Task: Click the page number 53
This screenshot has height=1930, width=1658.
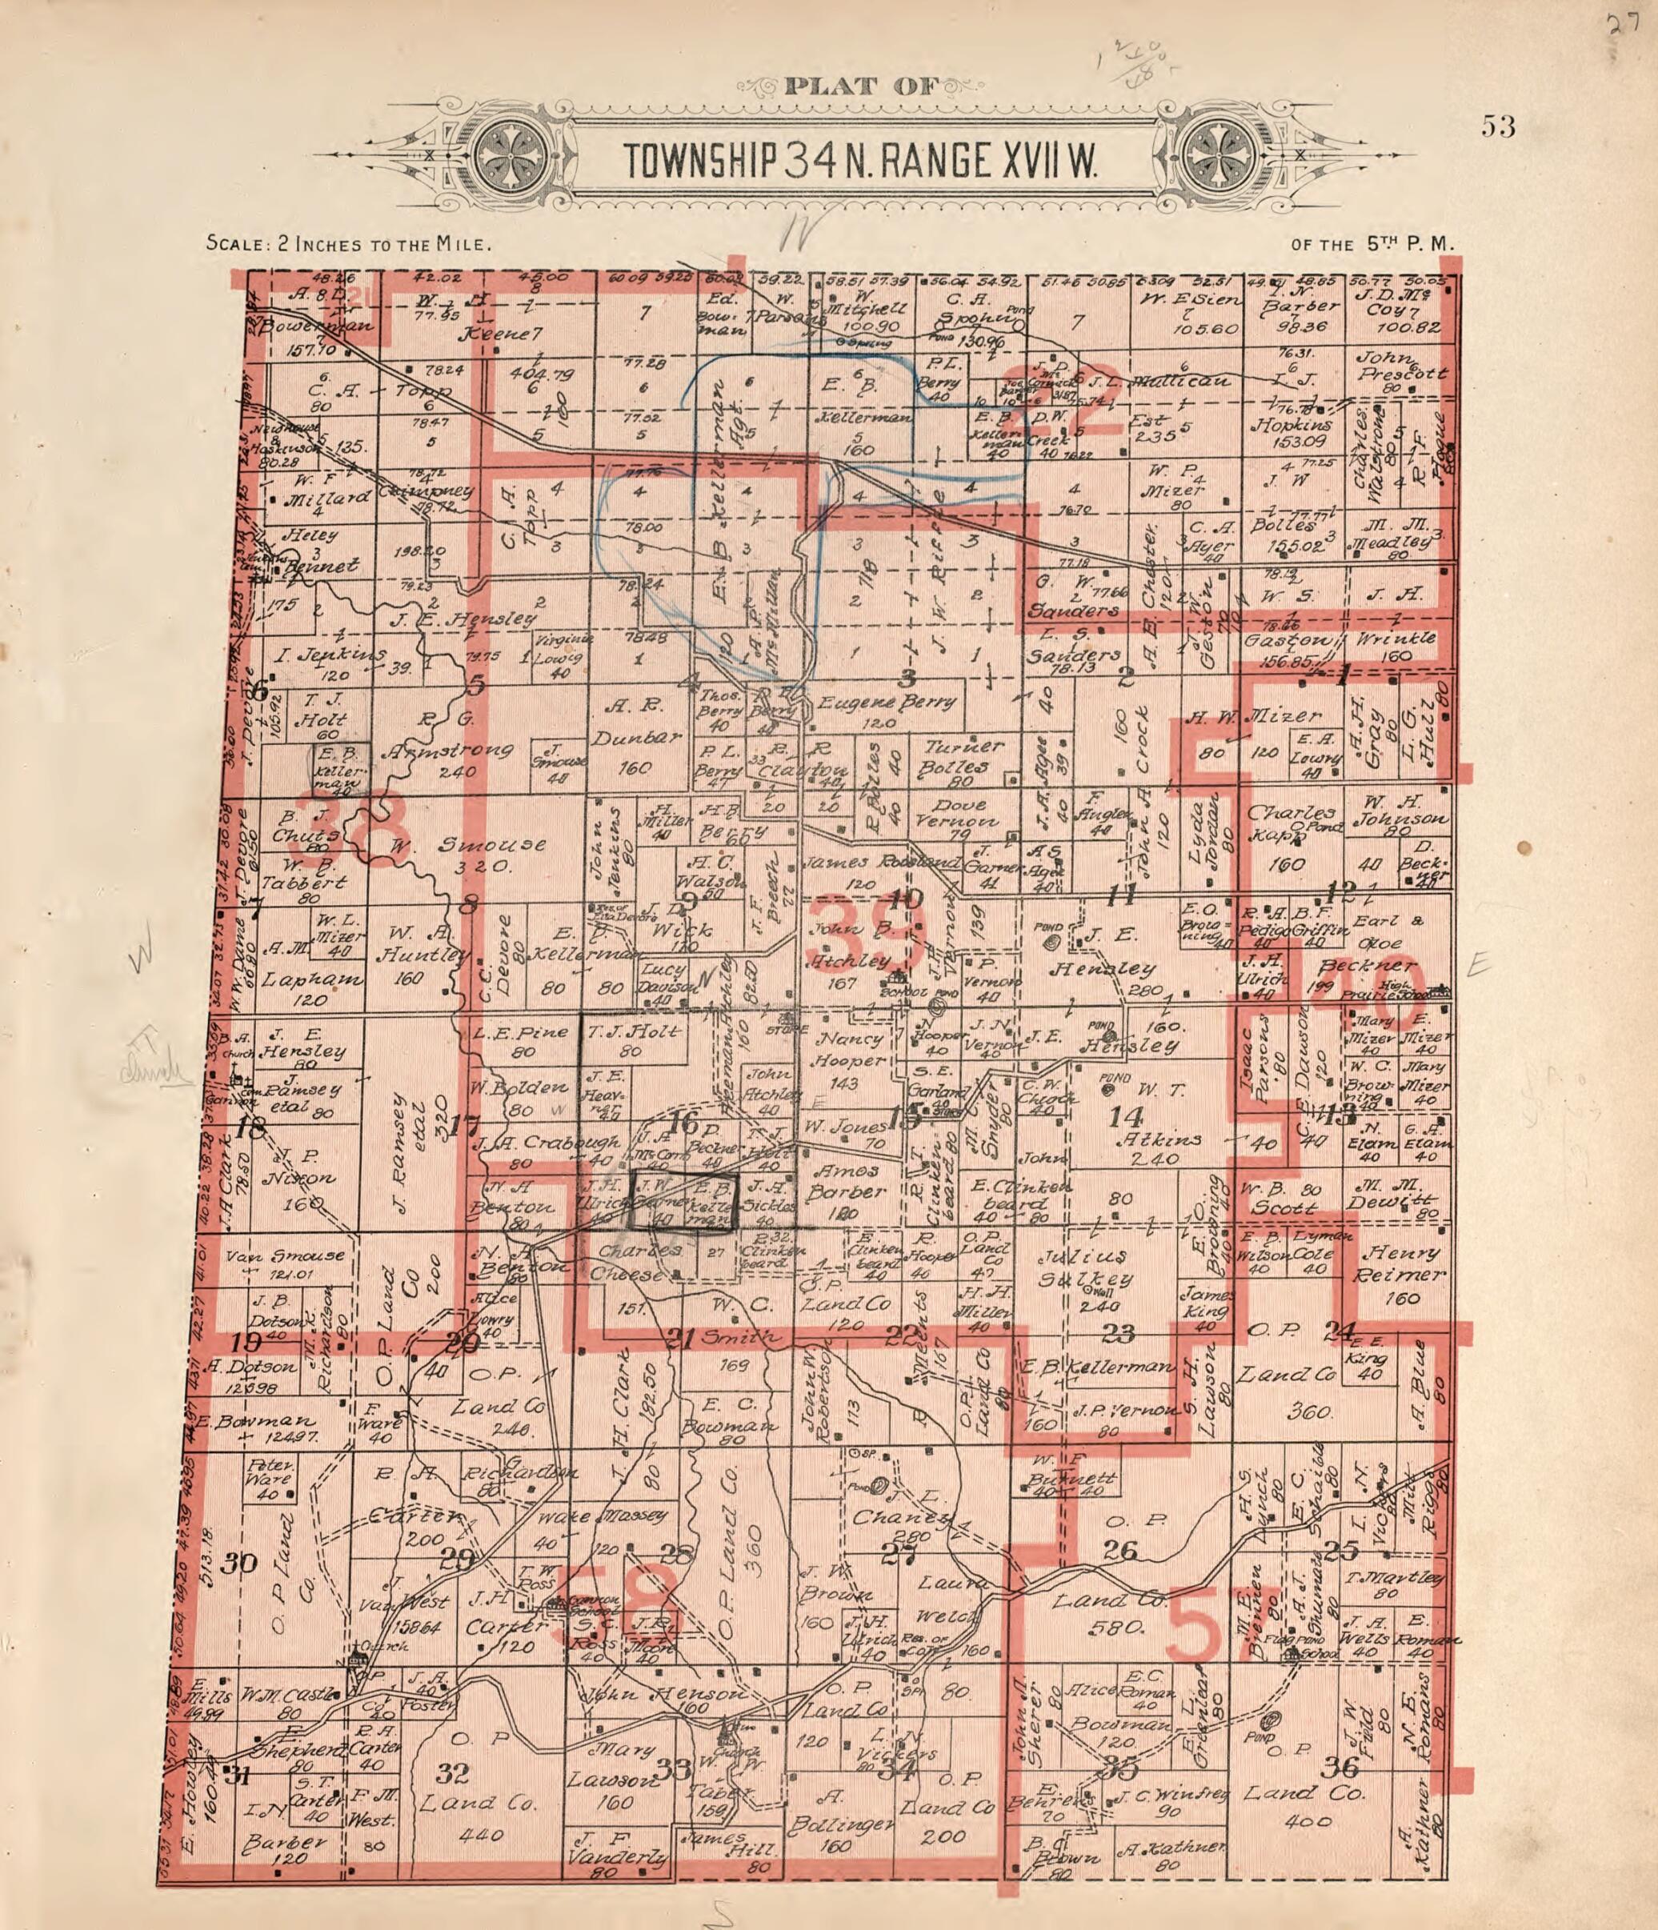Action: (x=1499, y=126)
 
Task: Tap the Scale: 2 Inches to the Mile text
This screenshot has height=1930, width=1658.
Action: (x=347, y=245)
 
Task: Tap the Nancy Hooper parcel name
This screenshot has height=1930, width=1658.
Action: (x=847, y=1049)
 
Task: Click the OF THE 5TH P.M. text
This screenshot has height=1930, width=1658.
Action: (x=1372, y=245)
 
